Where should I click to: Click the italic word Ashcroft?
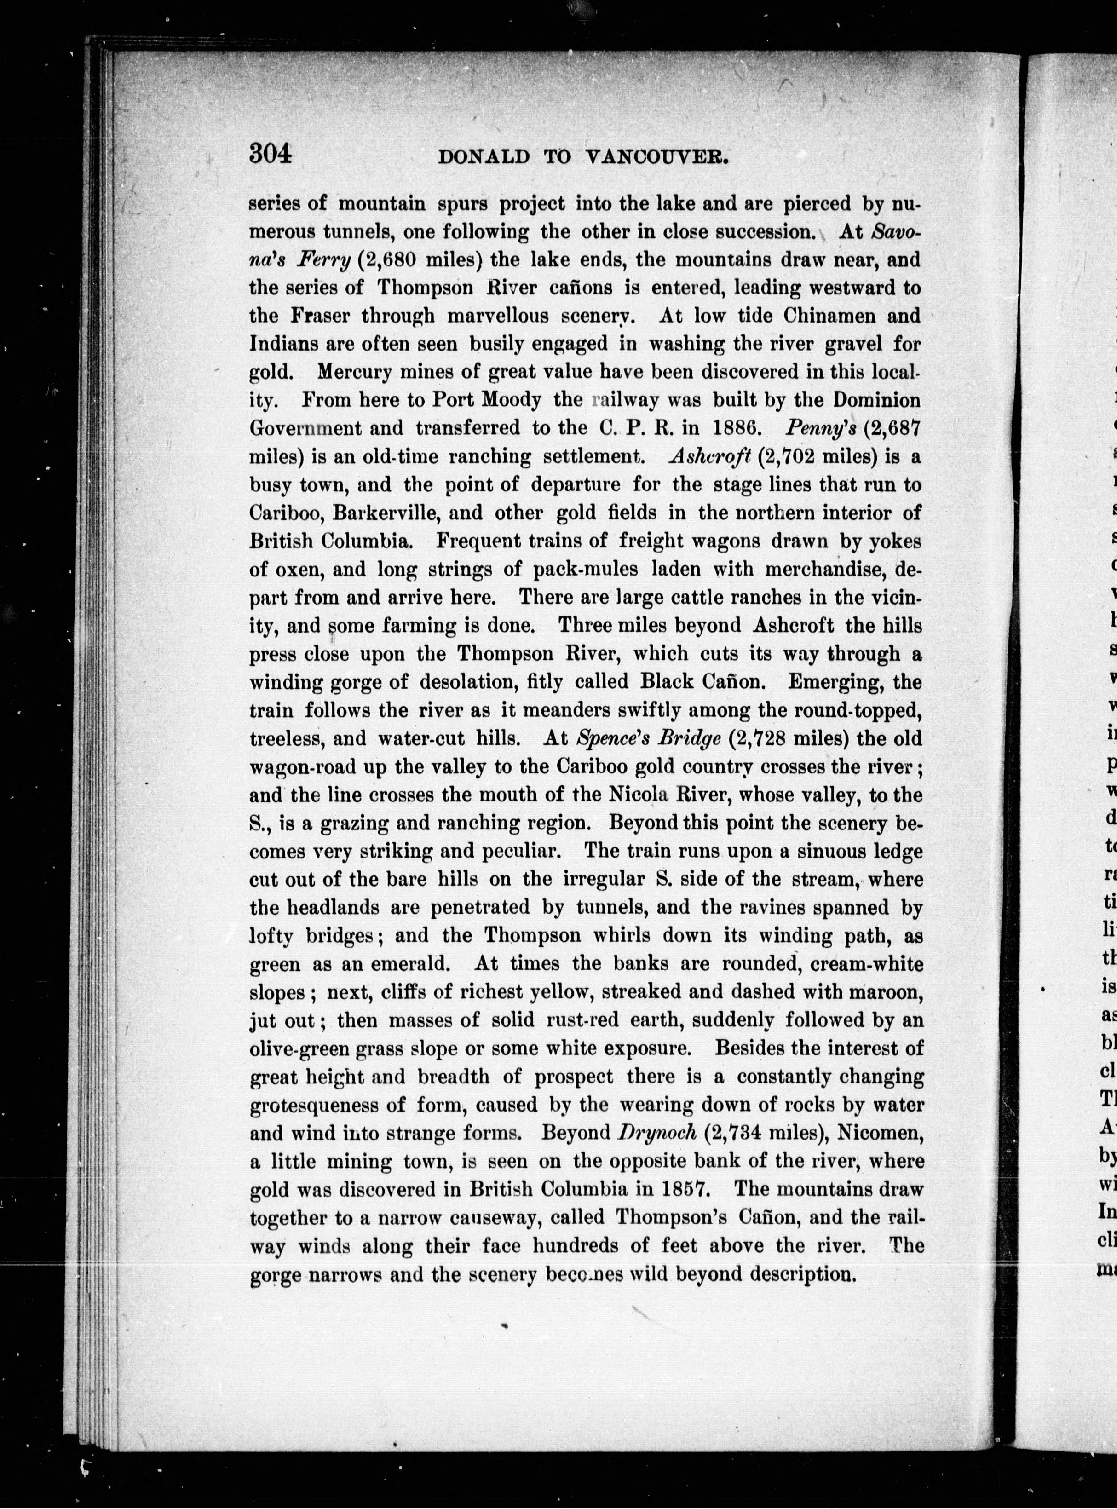coord(710,456)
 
